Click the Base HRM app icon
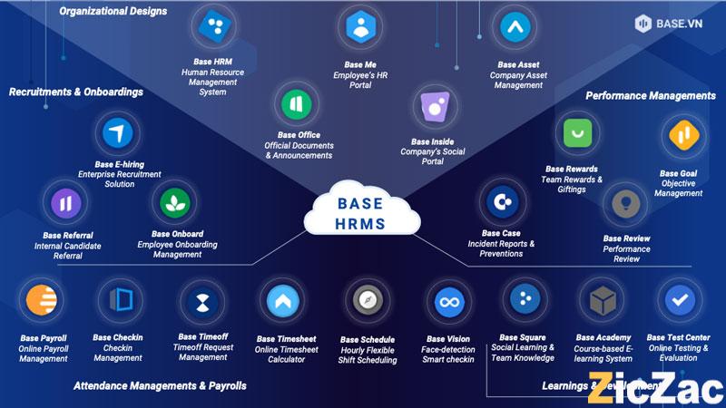pos(214,26)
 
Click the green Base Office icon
pos(298,102)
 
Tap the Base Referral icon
pos(66,201)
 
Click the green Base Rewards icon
pos(577,134)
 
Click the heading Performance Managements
pos(650,95)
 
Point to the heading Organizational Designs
pos(113,12)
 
